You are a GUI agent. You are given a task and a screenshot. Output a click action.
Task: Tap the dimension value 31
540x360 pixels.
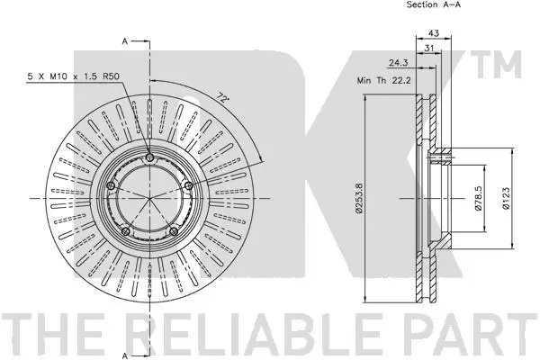[x=429, y=49]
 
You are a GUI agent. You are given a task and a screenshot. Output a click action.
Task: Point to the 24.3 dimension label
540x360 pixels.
[x=399, y=63]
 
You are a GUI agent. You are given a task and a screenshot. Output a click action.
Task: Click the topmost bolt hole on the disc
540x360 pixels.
[x=149, y=157]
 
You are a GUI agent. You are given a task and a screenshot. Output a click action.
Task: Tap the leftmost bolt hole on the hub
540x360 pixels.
[x=111, y=186]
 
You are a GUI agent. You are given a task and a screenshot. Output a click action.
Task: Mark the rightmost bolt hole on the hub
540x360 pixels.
[x=189, y=185]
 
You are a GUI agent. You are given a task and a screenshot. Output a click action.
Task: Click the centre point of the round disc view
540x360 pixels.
[x=149, y=198]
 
